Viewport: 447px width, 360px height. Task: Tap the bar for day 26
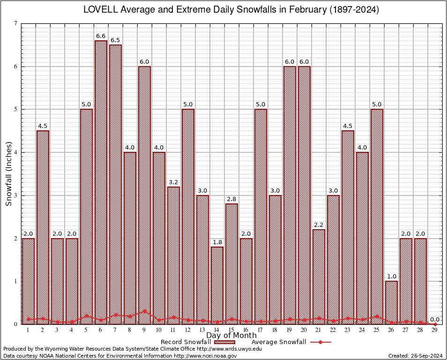(x=391, y=302)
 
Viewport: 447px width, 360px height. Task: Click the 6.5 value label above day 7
(x=115, y=40)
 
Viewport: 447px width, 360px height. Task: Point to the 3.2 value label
(x=173, y=182)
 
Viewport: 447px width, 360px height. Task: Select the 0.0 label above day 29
(x=435, y=319)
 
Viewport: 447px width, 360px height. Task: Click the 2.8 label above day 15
(x=231, y=199)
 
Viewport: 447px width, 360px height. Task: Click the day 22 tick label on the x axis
(x=333, y=330)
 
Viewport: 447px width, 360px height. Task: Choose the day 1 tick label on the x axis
(x=28, y=330)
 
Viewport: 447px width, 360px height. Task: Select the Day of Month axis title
(x=231, y=336)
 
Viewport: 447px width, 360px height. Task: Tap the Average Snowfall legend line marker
(x=320, y=342)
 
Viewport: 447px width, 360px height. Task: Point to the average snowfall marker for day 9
(x=144, y=311)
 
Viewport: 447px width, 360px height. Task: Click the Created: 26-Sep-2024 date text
(x=415, y=356)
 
